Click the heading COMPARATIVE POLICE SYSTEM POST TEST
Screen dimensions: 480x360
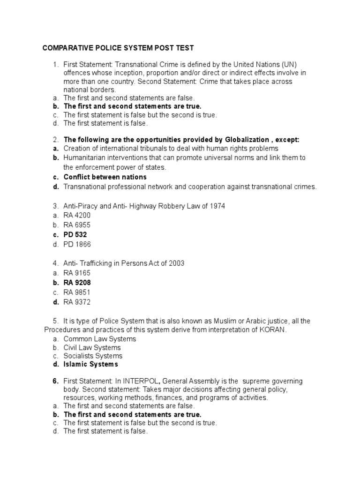[118, 48]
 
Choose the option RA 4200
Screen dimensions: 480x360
[77, 215]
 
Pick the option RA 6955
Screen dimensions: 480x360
[77, 225]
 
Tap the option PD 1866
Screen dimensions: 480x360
[77, 244]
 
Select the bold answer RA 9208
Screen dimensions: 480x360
[77, 283]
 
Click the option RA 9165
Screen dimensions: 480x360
[77, 273]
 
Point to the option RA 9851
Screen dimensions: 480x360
[77, 292]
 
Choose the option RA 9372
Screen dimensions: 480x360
[77, 302]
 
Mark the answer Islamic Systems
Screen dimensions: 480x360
[91, 364]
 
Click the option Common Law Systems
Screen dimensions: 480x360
[99, 338]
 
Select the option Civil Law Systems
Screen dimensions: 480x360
[92, 348]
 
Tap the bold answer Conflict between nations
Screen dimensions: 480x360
[105, 177]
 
